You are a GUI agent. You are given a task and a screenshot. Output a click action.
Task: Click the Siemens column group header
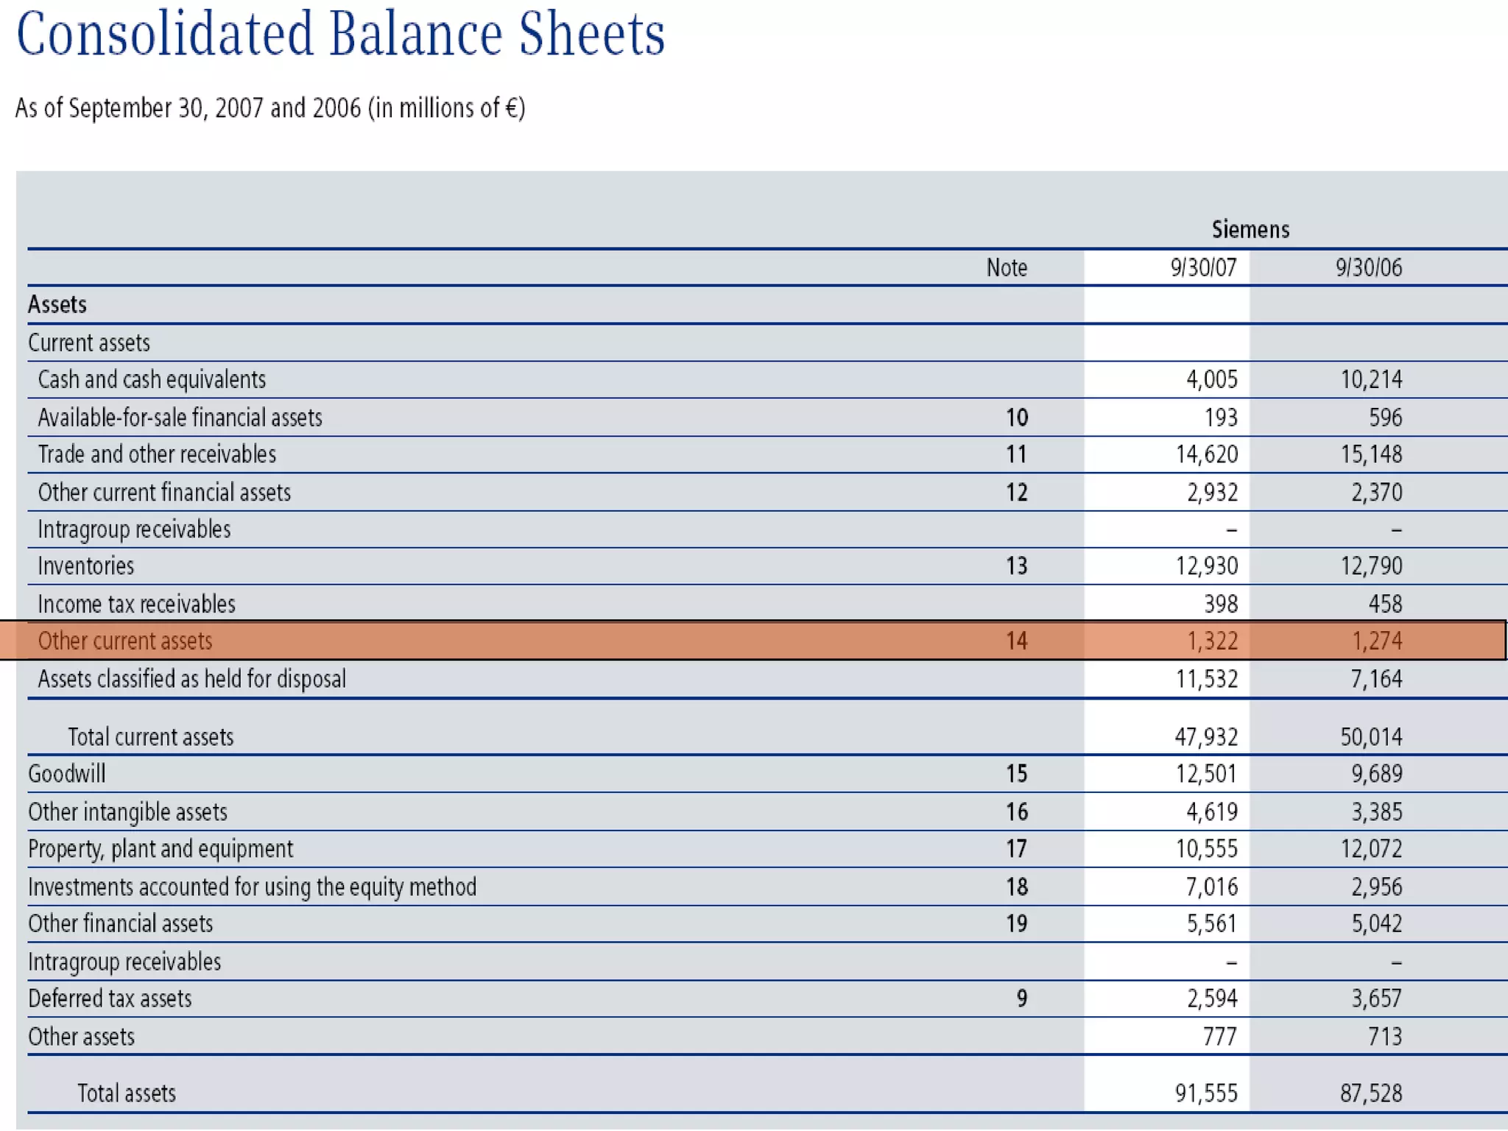tap(1250, 230)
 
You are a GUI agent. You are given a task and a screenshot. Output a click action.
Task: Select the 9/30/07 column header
tap(1204, 267)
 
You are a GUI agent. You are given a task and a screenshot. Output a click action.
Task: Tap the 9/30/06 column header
tap(1369, 267)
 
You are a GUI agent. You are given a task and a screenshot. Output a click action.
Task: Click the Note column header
tap(1007, 267)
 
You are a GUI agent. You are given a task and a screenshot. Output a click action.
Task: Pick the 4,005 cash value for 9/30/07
tap(1211, 380)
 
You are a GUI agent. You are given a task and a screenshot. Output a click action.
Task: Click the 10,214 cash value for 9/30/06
tap(1371, 380)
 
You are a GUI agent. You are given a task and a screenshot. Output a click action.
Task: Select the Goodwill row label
tap(67, 774)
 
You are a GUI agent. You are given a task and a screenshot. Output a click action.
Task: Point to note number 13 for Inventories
tap(1016, 566)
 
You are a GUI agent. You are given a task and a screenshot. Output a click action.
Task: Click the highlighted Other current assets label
tap(125, 641)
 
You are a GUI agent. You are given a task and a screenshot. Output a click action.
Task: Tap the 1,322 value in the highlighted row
tap(1212, 641)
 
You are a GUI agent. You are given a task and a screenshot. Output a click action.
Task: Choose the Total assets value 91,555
tap(1206, 1093)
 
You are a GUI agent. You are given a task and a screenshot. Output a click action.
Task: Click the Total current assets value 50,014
tap(1371, 737)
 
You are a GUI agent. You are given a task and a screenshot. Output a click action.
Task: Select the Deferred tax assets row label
tap(110, 999)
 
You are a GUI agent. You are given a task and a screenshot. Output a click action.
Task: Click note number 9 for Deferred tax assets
tap(1021, 999)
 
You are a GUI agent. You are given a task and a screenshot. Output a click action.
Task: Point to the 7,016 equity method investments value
tap(1211, 887)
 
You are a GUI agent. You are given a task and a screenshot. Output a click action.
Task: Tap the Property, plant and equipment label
tap(161, 849)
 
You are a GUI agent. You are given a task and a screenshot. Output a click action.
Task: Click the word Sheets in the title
tap(591, 34)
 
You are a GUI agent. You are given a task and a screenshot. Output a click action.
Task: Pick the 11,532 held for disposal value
tap(1206, 679)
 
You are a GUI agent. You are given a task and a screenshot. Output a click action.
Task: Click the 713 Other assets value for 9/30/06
tap(1384, 1037)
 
